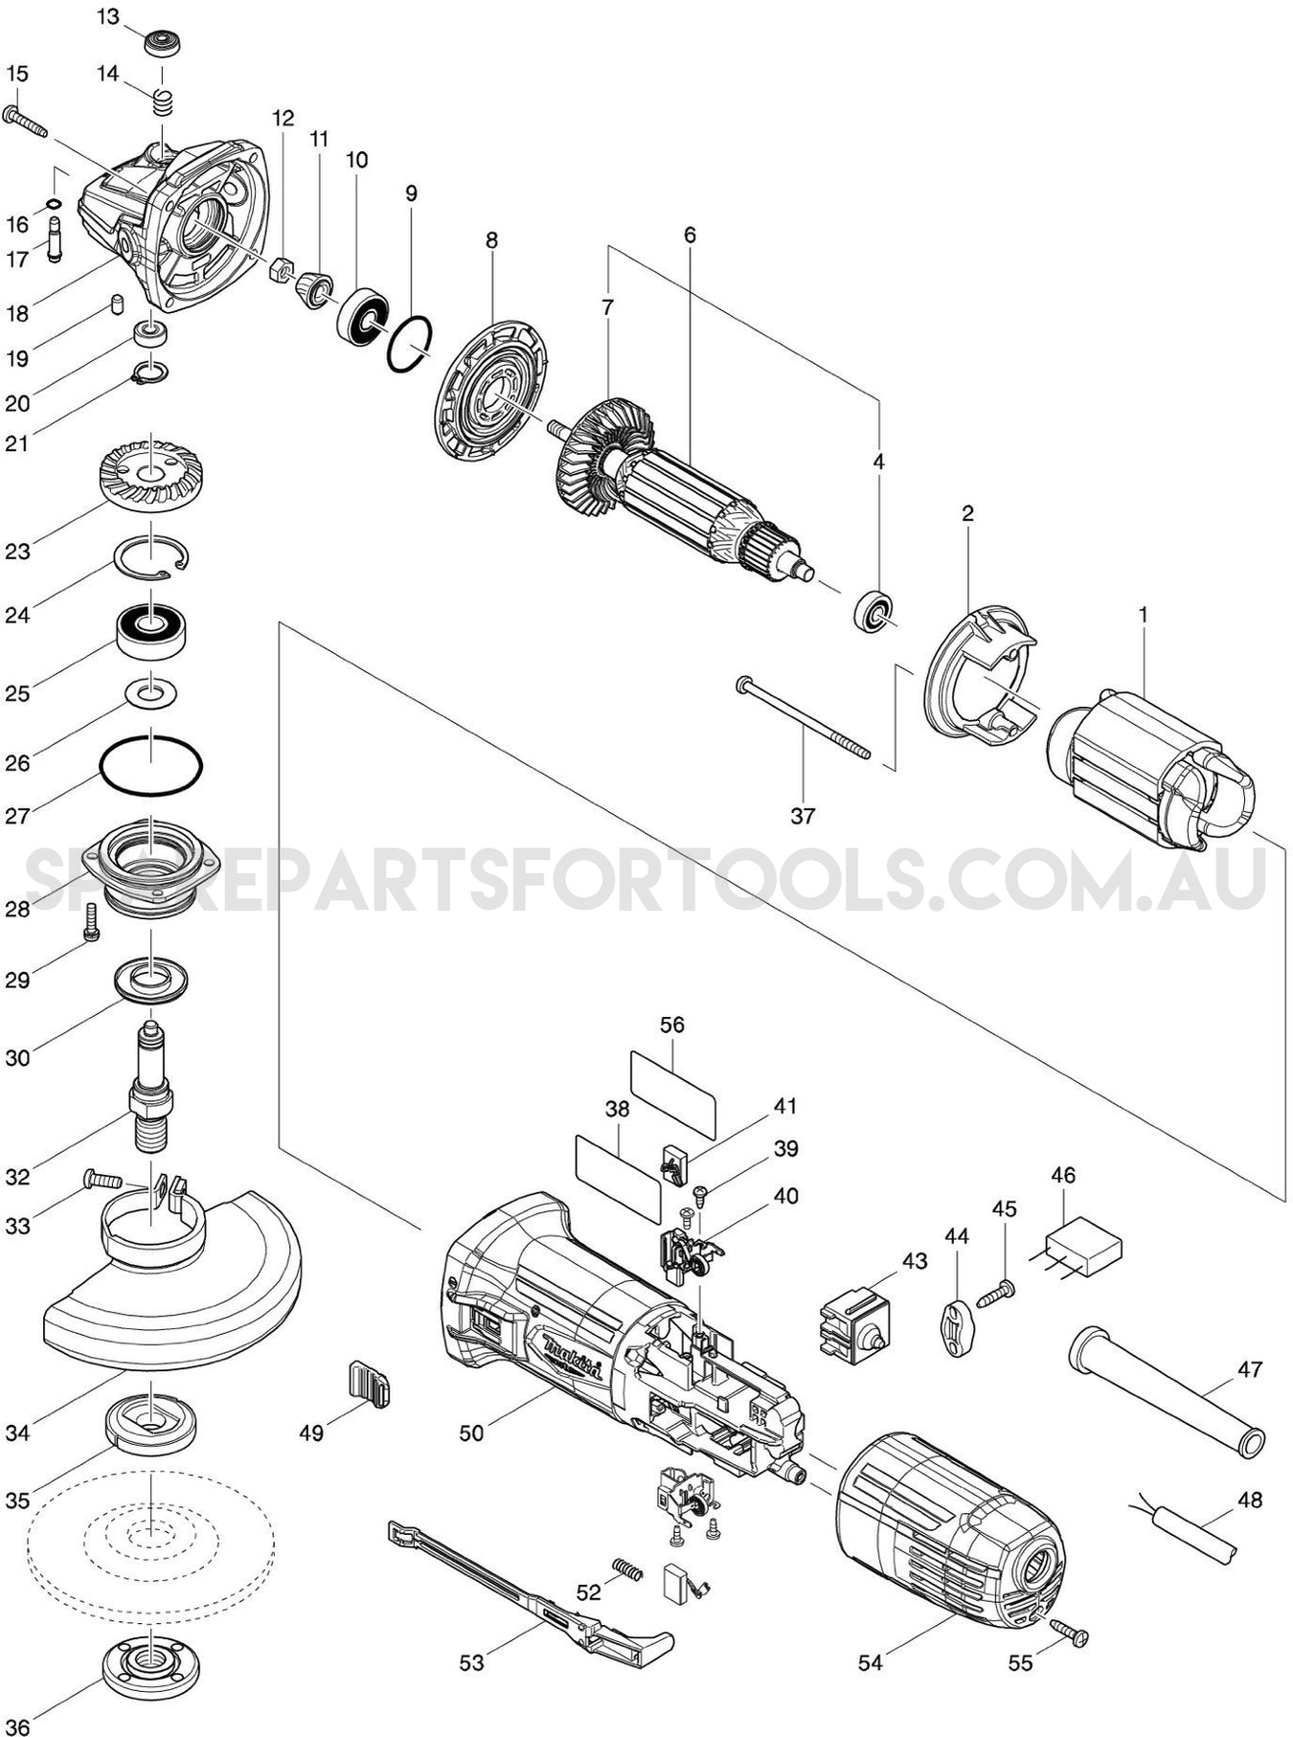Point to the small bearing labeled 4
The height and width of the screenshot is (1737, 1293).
click(873, 612)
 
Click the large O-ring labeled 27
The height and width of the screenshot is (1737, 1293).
click(151, 765)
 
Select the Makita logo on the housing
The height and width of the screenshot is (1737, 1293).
click(571, 1358)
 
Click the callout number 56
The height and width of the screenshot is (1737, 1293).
click(672, 1024)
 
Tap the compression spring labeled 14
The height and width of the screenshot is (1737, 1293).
click(164, 101)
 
